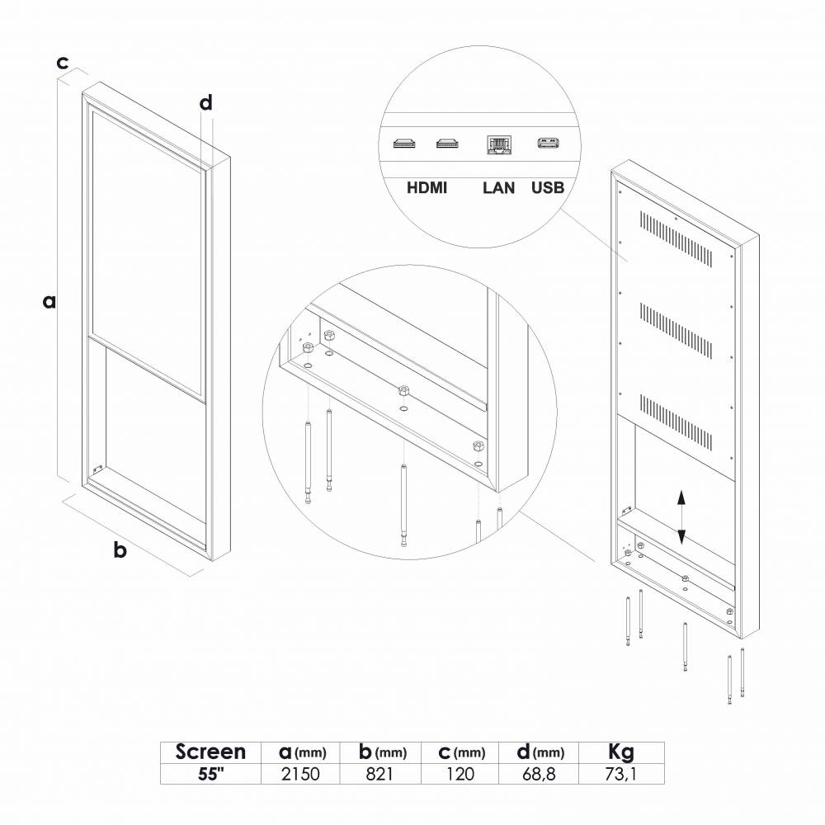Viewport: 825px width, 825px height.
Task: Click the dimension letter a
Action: (49, 302)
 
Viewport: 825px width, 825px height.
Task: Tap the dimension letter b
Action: (120, 549)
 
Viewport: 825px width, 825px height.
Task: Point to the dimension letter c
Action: (62, 63)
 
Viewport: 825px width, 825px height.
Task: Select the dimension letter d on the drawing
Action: (205, 102)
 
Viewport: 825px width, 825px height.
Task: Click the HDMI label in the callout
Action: (427, 188)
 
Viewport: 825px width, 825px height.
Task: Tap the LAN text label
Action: (498, 188)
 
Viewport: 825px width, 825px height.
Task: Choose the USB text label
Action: (548, 188)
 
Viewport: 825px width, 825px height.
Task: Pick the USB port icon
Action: (548, 143)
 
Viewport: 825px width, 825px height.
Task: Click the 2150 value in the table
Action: (300, 774)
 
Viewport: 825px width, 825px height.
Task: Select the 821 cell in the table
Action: (379, 774)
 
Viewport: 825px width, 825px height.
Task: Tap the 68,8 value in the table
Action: (540, 774)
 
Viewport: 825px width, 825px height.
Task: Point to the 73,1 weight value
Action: (621, 774)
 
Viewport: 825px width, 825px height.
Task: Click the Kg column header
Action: (621, 752)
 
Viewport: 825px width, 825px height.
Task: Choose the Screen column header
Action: (210, 752)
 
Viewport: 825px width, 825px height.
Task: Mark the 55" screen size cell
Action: (210, 774)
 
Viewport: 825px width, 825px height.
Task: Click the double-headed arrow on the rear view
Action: (681, 516)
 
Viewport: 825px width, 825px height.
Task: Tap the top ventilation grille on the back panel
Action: (676, 239)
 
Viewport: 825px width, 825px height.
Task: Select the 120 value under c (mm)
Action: (460, 774)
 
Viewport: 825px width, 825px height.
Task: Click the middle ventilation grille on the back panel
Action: (676, 331)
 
